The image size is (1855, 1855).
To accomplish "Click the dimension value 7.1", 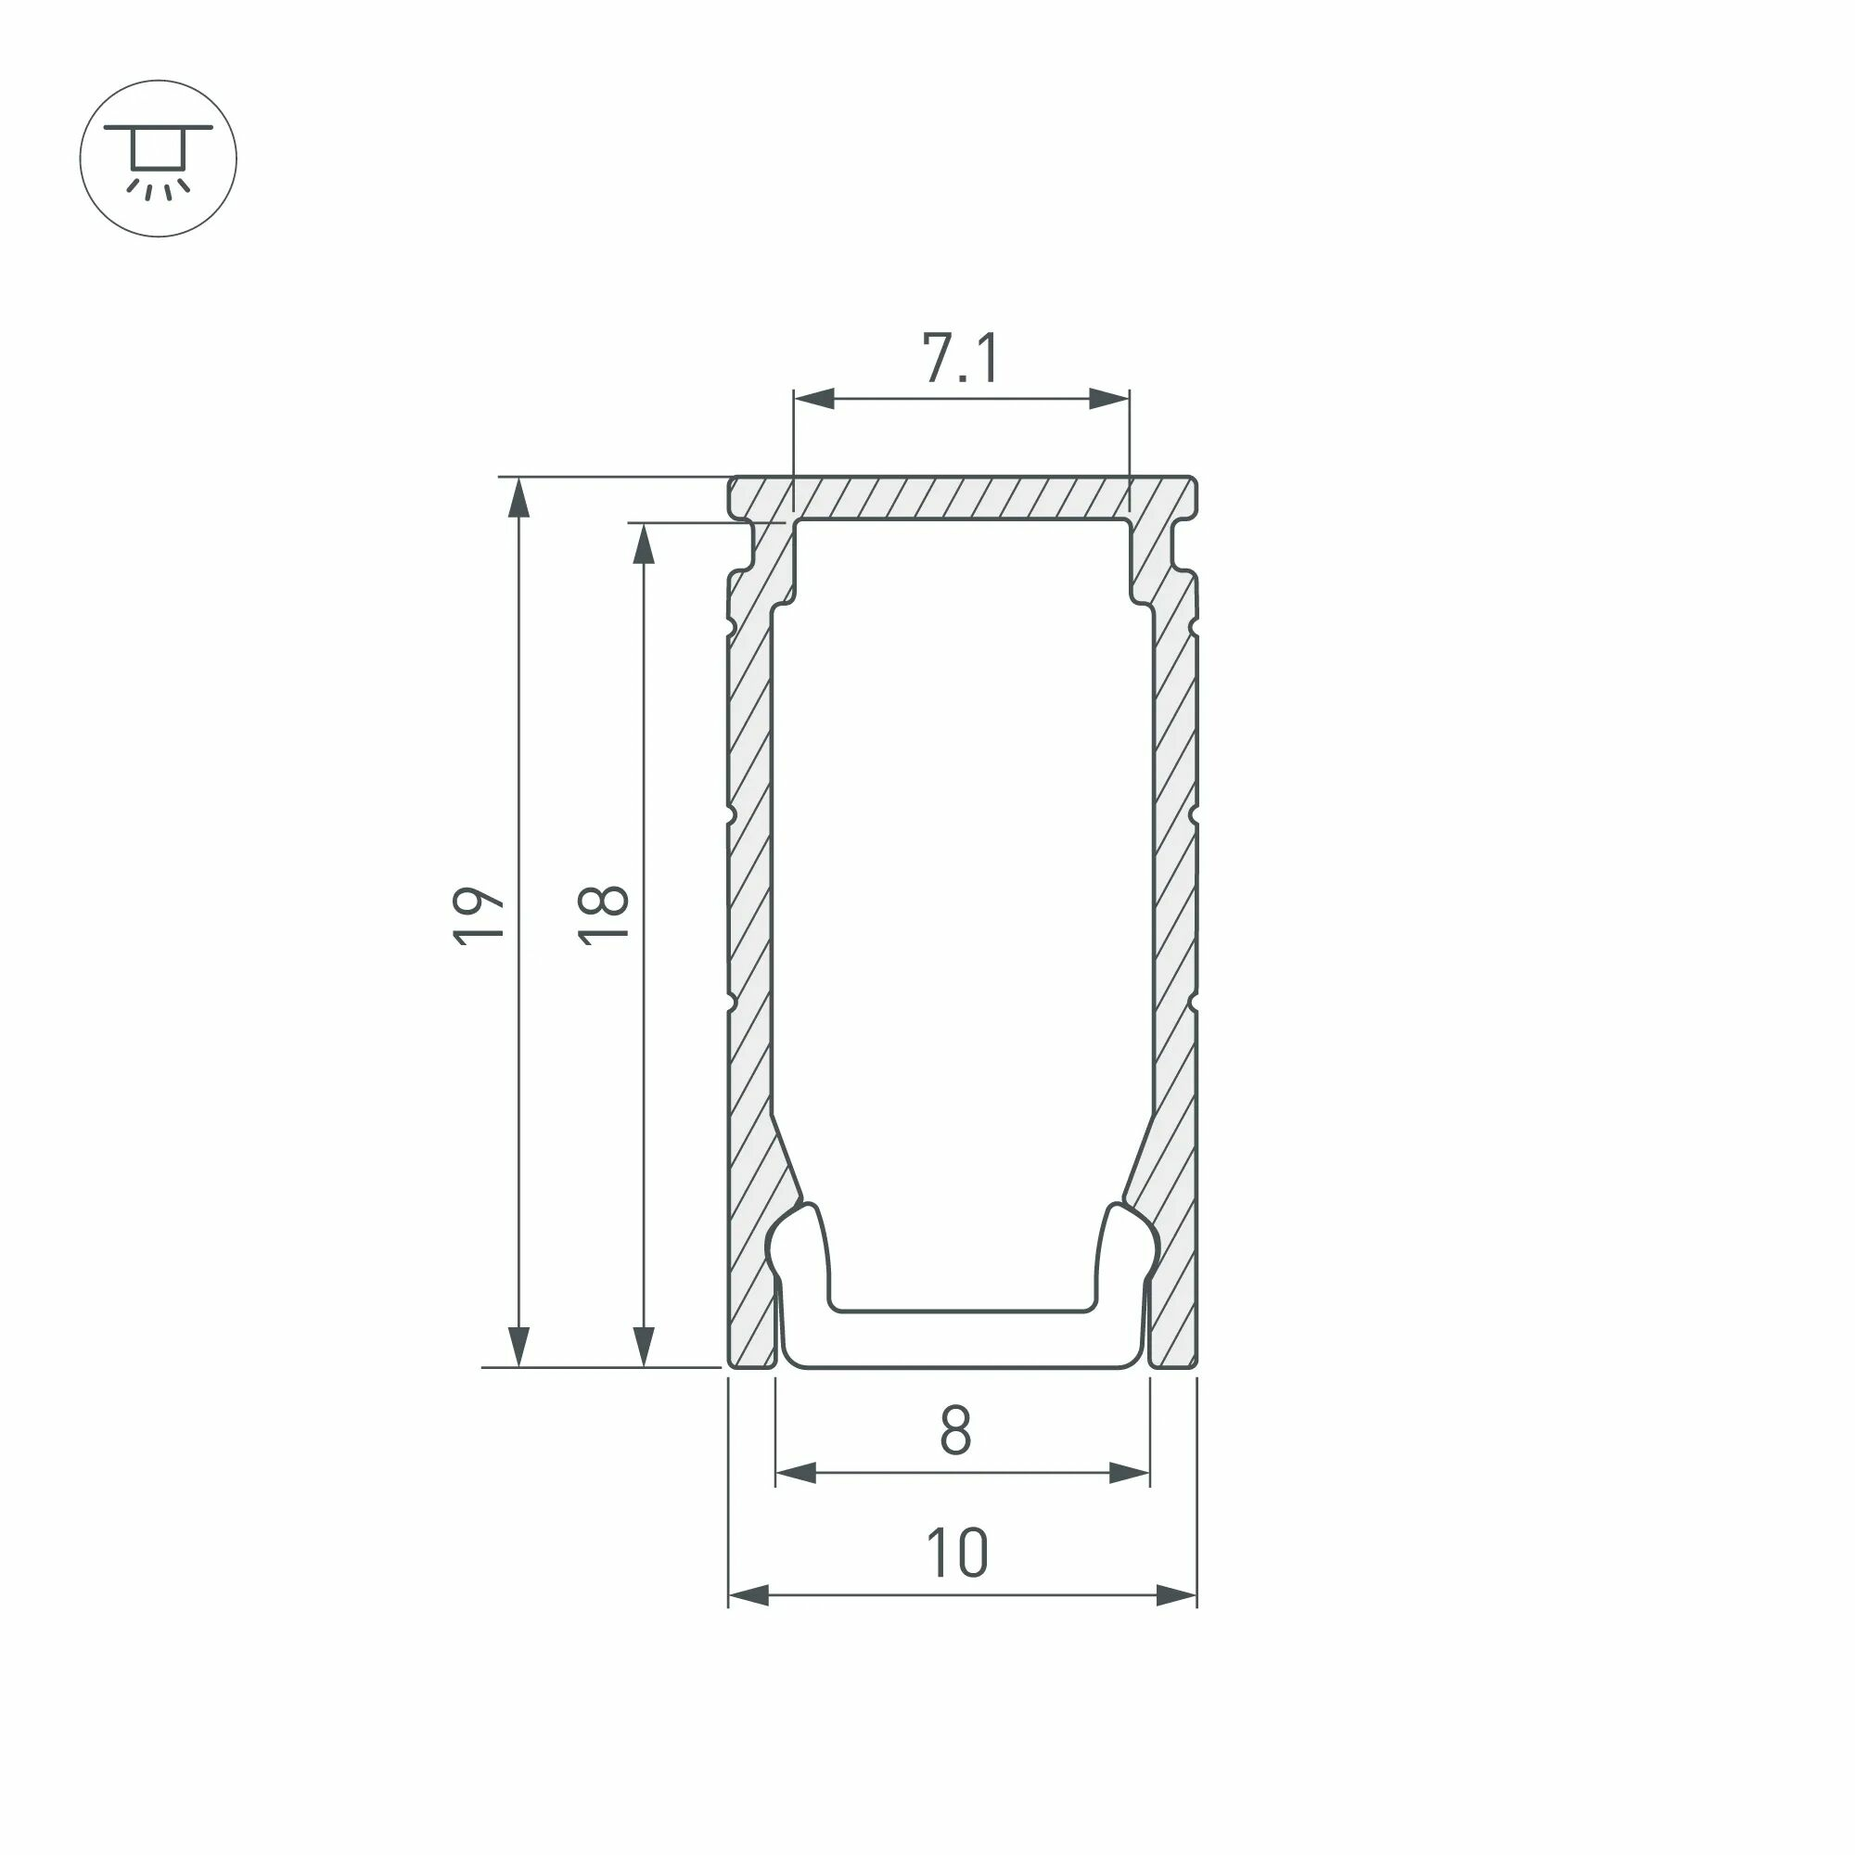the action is click(x=961, y=357).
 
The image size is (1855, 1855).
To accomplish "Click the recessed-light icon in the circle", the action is click(x=159, y=160).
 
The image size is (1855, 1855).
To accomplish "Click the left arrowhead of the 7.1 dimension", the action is click(x=813, y=399).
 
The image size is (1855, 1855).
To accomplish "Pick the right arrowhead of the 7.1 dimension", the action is click(x=1110, y=399).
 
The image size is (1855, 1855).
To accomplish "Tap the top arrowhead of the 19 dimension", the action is click(x=518, y=497).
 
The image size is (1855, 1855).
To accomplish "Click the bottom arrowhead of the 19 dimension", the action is click(x=518, y=1346).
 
